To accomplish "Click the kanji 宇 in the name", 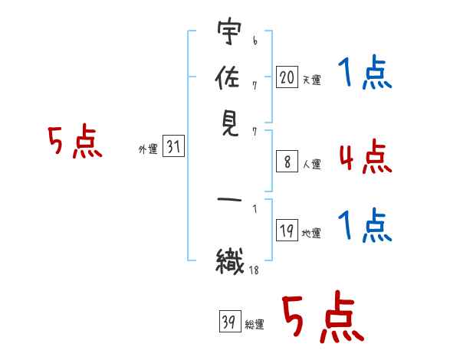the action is tap(229, 31).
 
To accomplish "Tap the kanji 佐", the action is tap(228, 77).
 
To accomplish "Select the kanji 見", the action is tap(229, 123).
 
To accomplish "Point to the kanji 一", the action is tap(229, 200).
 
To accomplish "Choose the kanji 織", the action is tap(230, 261).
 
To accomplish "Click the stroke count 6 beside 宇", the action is tap(255, 41).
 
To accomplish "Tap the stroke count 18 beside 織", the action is tap(254, 270).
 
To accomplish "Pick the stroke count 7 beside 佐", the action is tap(255, 86).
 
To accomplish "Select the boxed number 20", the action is tap(287, 77).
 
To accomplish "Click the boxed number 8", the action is tap(287, 162).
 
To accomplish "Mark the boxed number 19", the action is tap(287, 230).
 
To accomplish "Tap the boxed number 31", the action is tap(173, 146).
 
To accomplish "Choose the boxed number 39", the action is tap(230, 321).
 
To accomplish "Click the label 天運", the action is tap(312, 80).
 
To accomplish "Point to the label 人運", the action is tap(312, 164).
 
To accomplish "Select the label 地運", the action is tap(311, 234).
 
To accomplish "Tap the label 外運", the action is tap(148, 149).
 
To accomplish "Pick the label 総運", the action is tap(255, 324).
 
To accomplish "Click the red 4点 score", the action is tap(366, 156).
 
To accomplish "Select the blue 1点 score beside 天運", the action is tap(365, 72).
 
